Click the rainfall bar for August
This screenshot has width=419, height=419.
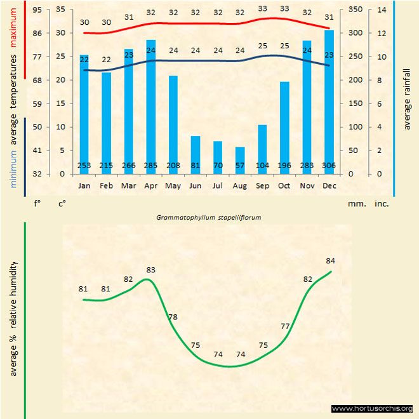(239, 160)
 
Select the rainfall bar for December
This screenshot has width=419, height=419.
(329, 102)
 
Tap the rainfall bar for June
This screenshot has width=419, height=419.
(195, 154)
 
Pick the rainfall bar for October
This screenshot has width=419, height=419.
(284, 127)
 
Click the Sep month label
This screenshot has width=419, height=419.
(262, 186)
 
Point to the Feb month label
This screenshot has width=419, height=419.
(106, 186)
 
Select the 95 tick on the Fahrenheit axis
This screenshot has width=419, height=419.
(37, 10)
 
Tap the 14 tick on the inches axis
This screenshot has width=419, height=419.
(381, 10)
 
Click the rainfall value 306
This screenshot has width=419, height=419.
(329, 166)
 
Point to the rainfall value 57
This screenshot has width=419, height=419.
(240, 166)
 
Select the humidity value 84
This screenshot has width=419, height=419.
(330, 260)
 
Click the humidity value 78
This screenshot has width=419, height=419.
(173, 317)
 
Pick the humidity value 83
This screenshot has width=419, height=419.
(150, 270)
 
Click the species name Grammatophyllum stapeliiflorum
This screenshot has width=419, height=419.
(209, 216)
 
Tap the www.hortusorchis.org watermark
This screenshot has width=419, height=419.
(372, 408)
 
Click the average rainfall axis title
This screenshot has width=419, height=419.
(408, 98)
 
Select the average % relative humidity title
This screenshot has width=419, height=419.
(13, 317)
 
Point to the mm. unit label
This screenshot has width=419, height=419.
(356, 204)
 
